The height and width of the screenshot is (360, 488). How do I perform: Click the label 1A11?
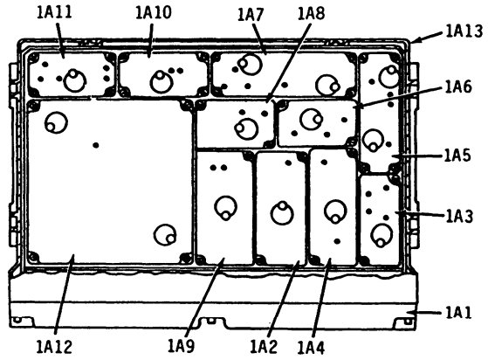coord(54,13)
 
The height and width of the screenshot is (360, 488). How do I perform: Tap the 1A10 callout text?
coord(154,13)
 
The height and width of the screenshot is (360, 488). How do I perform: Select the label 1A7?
coord(251,15)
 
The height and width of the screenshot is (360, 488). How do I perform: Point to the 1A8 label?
coord(311,13)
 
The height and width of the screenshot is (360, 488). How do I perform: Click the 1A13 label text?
coord(464,31)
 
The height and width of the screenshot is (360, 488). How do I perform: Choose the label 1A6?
coord(458,87)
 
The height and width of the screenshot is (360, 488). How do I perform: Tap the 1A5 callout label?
coord(457,156)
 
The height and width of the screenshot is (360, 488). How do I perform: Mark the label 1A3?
coord(459,216)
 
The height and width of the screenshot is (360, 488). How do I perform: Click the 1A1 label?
coord(458,312)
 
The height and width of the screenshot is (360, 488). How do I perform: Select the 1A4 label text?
coord(311,348)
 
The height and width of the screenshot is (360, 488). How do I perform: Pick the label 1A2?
coord(264,347)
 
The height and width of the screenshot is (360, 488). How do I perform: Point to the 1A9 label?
coord(181,346)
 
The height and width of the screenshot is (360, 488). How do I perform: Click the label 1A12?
coord(54,347)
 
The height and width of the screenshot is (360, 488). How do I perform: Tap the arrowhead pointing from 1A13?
coord(416,39)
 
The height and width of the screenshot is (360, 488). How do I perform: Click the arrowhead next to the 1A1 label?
coord(411,312)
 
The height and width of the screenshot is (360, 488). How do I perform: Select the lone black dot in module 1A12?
coord(96,145)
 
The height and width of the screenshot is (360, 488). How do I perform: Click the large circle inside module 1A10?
coord(162,81)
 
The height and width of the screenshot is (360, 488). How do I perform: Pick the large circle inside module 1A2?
coord(282,213)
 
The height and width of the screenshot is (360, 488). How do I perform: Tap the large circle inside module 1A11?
coord(75,80)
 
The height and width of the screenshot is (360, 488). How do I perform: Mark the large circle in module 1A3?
coord(381,235)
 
